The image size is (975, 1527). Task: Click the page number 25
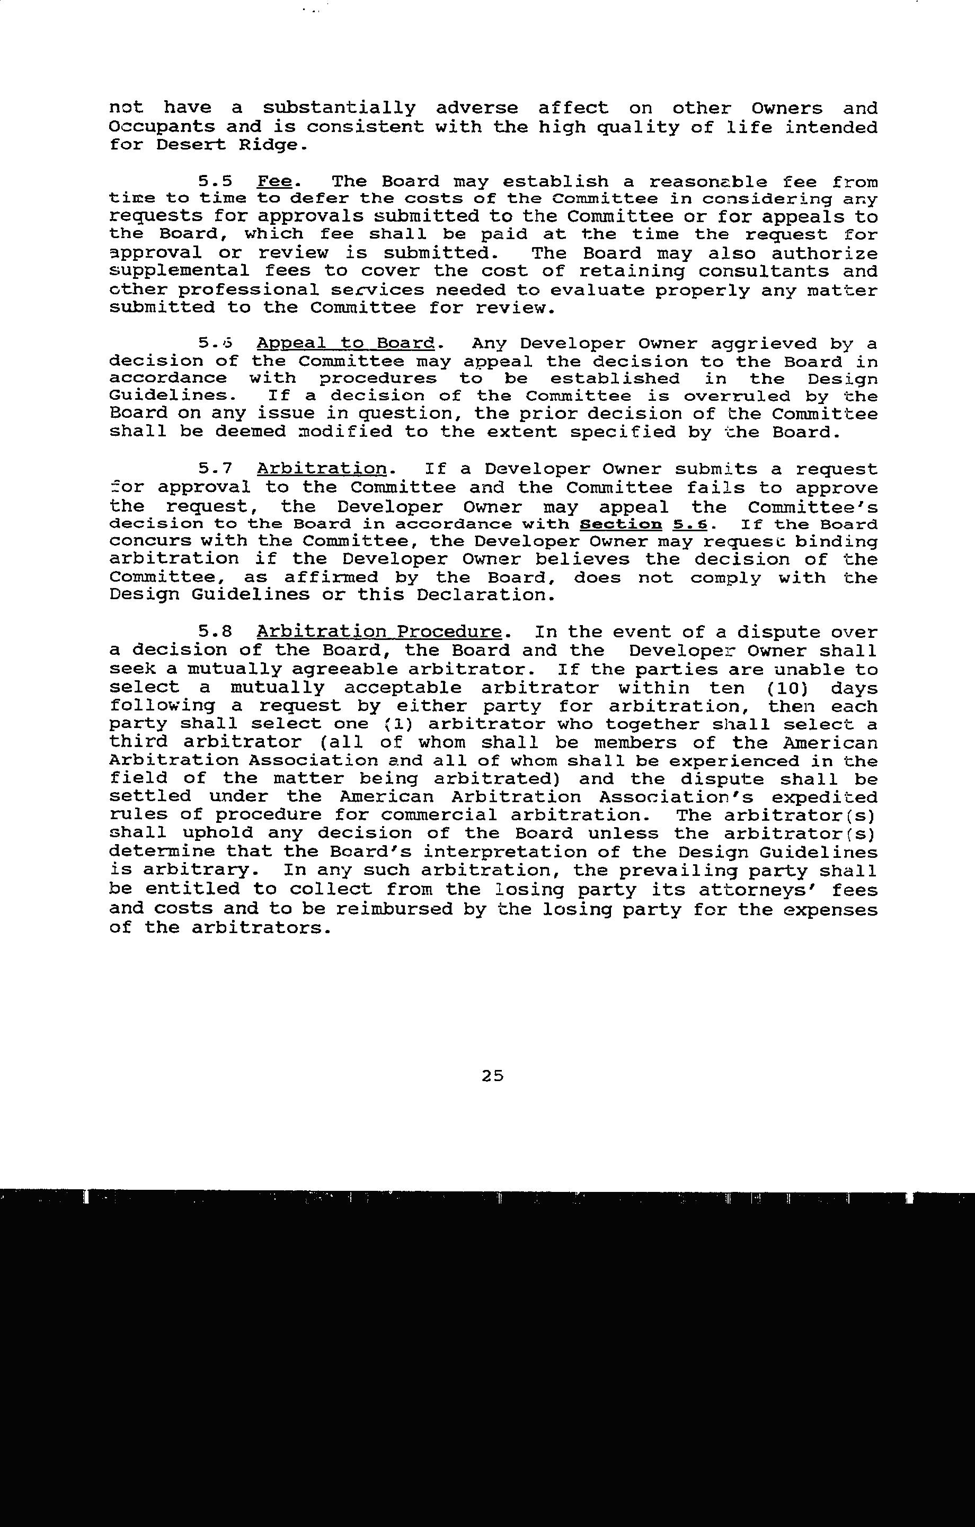[492, 1075]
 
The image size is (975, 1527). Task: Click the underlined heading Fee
[274, 182]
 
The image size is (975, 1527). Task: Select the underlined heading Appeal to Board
[346, 344]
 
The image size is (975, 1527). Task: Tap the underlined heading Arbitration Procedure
[379, 632]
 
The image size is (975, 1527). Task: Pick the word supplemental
[180, 272]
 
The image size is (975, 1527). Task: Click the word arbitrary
[196, 871]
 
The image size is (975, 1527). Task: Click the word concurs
[152, 542]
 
